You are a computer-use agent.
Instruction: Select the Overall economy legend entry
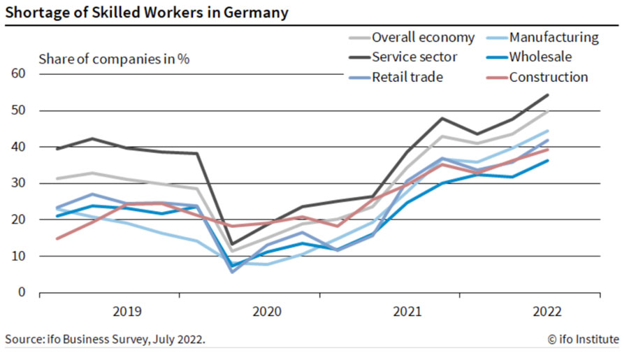pyautogui.click(x=422, y=38)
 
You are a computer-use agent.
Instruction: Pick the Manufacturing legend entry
pyautogui.click(x=554, y=38)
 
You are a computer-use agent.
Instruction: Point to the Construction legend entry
pyautogui.click(x=549, y=77)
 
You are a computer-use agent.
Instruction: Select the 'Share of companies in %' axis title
pyautogui.click(x=114, y=59)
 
